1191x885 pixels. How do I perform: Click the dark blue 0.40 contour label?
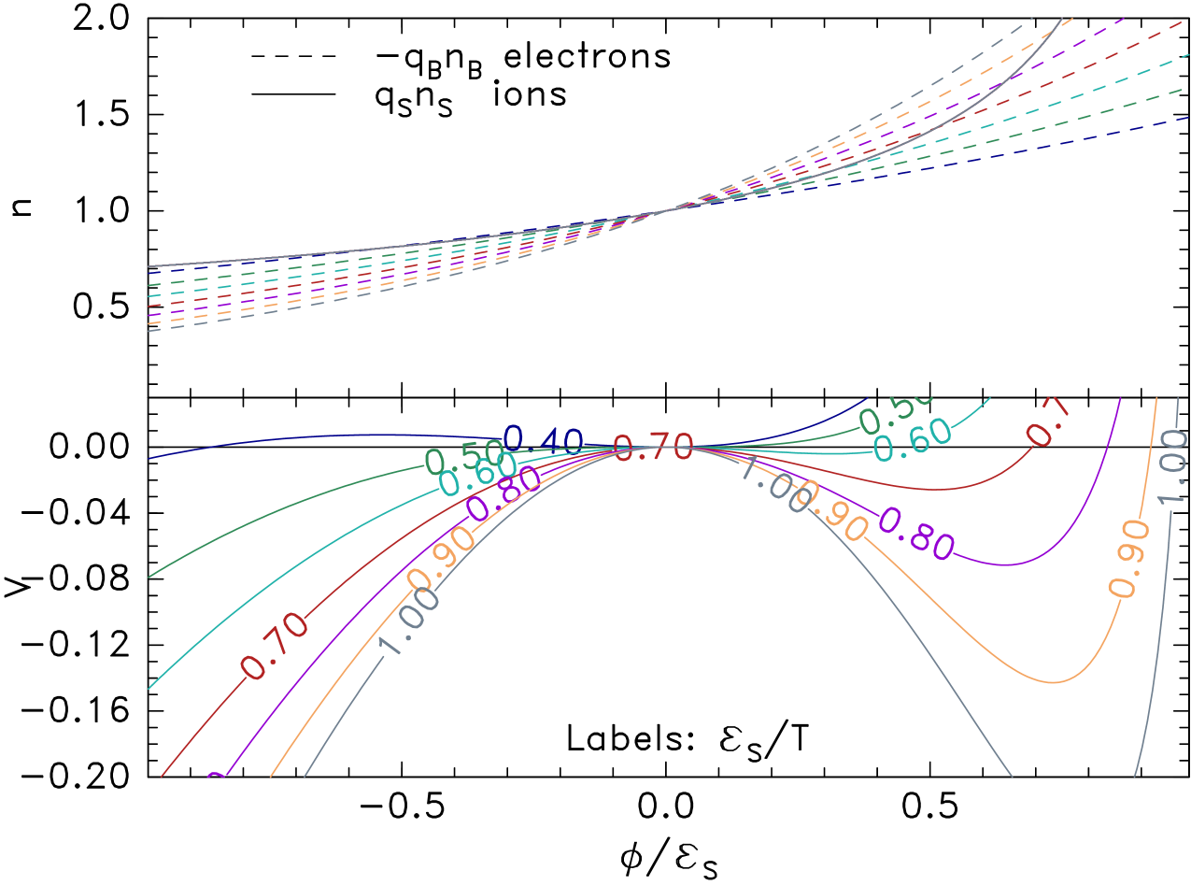pos(544,439)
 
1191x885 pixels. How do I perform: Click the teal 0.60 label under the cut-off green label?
pos(914,440)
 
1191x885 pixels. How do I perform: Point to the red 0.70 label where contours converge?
pos(654,448)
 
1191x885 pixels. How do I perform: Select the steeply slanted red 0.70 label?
pos(275,645)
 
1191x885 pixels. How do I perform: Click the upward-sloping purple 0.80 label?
pos(504,492)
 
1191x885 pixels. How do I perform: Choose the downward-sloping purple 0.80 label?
pos(916,534)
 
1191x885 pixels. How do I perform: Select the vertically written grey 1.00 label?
pos(1172,465)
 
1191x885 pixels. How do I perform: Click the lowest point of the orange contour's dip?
pos(1054,681)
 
